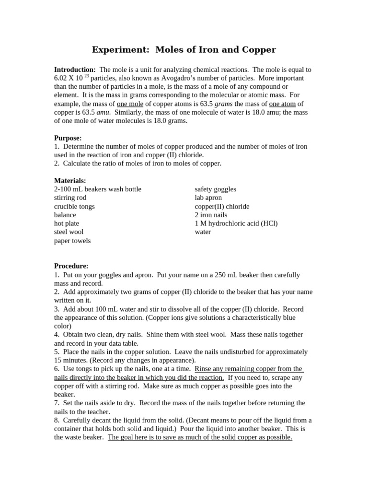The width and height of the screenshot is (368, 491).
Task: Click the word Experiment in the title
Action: pyautogui.click(x=114, y=50)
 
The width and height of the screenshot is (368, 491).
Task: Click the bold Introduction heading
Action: pyautogui.click(x=75, y=70)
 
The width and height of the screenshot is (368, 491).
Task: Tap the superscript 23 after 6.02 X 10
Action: pyautogui.click(x=86, y=76)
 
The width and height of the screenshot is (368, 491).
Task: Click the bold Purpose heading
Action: pyautogui.click(x=68, y=138)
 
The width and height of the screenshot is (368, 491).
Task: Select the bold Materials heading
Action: pyautogui.click(x=70, y=181)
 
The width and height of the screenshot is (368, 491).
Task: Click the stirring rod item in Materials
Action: pyautogui.click(x=70, y=198)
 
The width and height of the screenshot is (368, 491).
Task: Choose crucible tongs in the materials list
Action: pyautogui.click(x=74, y=206)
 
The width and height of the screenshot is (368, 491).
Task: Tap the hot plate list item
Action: pyautogui.click(x=67, y=223)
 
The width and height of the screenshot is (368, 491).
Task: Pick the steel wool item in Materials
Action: pyautogui.click(x=69, y=232)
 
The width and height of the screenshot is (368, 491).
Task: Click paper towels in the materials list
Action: pyautogui.click(x=72, y=241)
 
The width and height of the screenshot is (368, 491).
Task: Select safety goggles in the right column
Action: pyautogui.click(x=215, y=189)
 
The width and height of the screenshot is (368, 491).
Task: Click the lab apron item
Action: pyautogui.click(x=208, y=198)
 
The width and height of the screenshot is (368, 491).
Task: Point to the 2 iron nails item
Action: pyautogui.click(x=211, y=215)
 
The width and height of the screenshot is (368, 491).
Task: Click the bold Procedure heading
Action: pyautogui.click(x=71, y=266)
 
